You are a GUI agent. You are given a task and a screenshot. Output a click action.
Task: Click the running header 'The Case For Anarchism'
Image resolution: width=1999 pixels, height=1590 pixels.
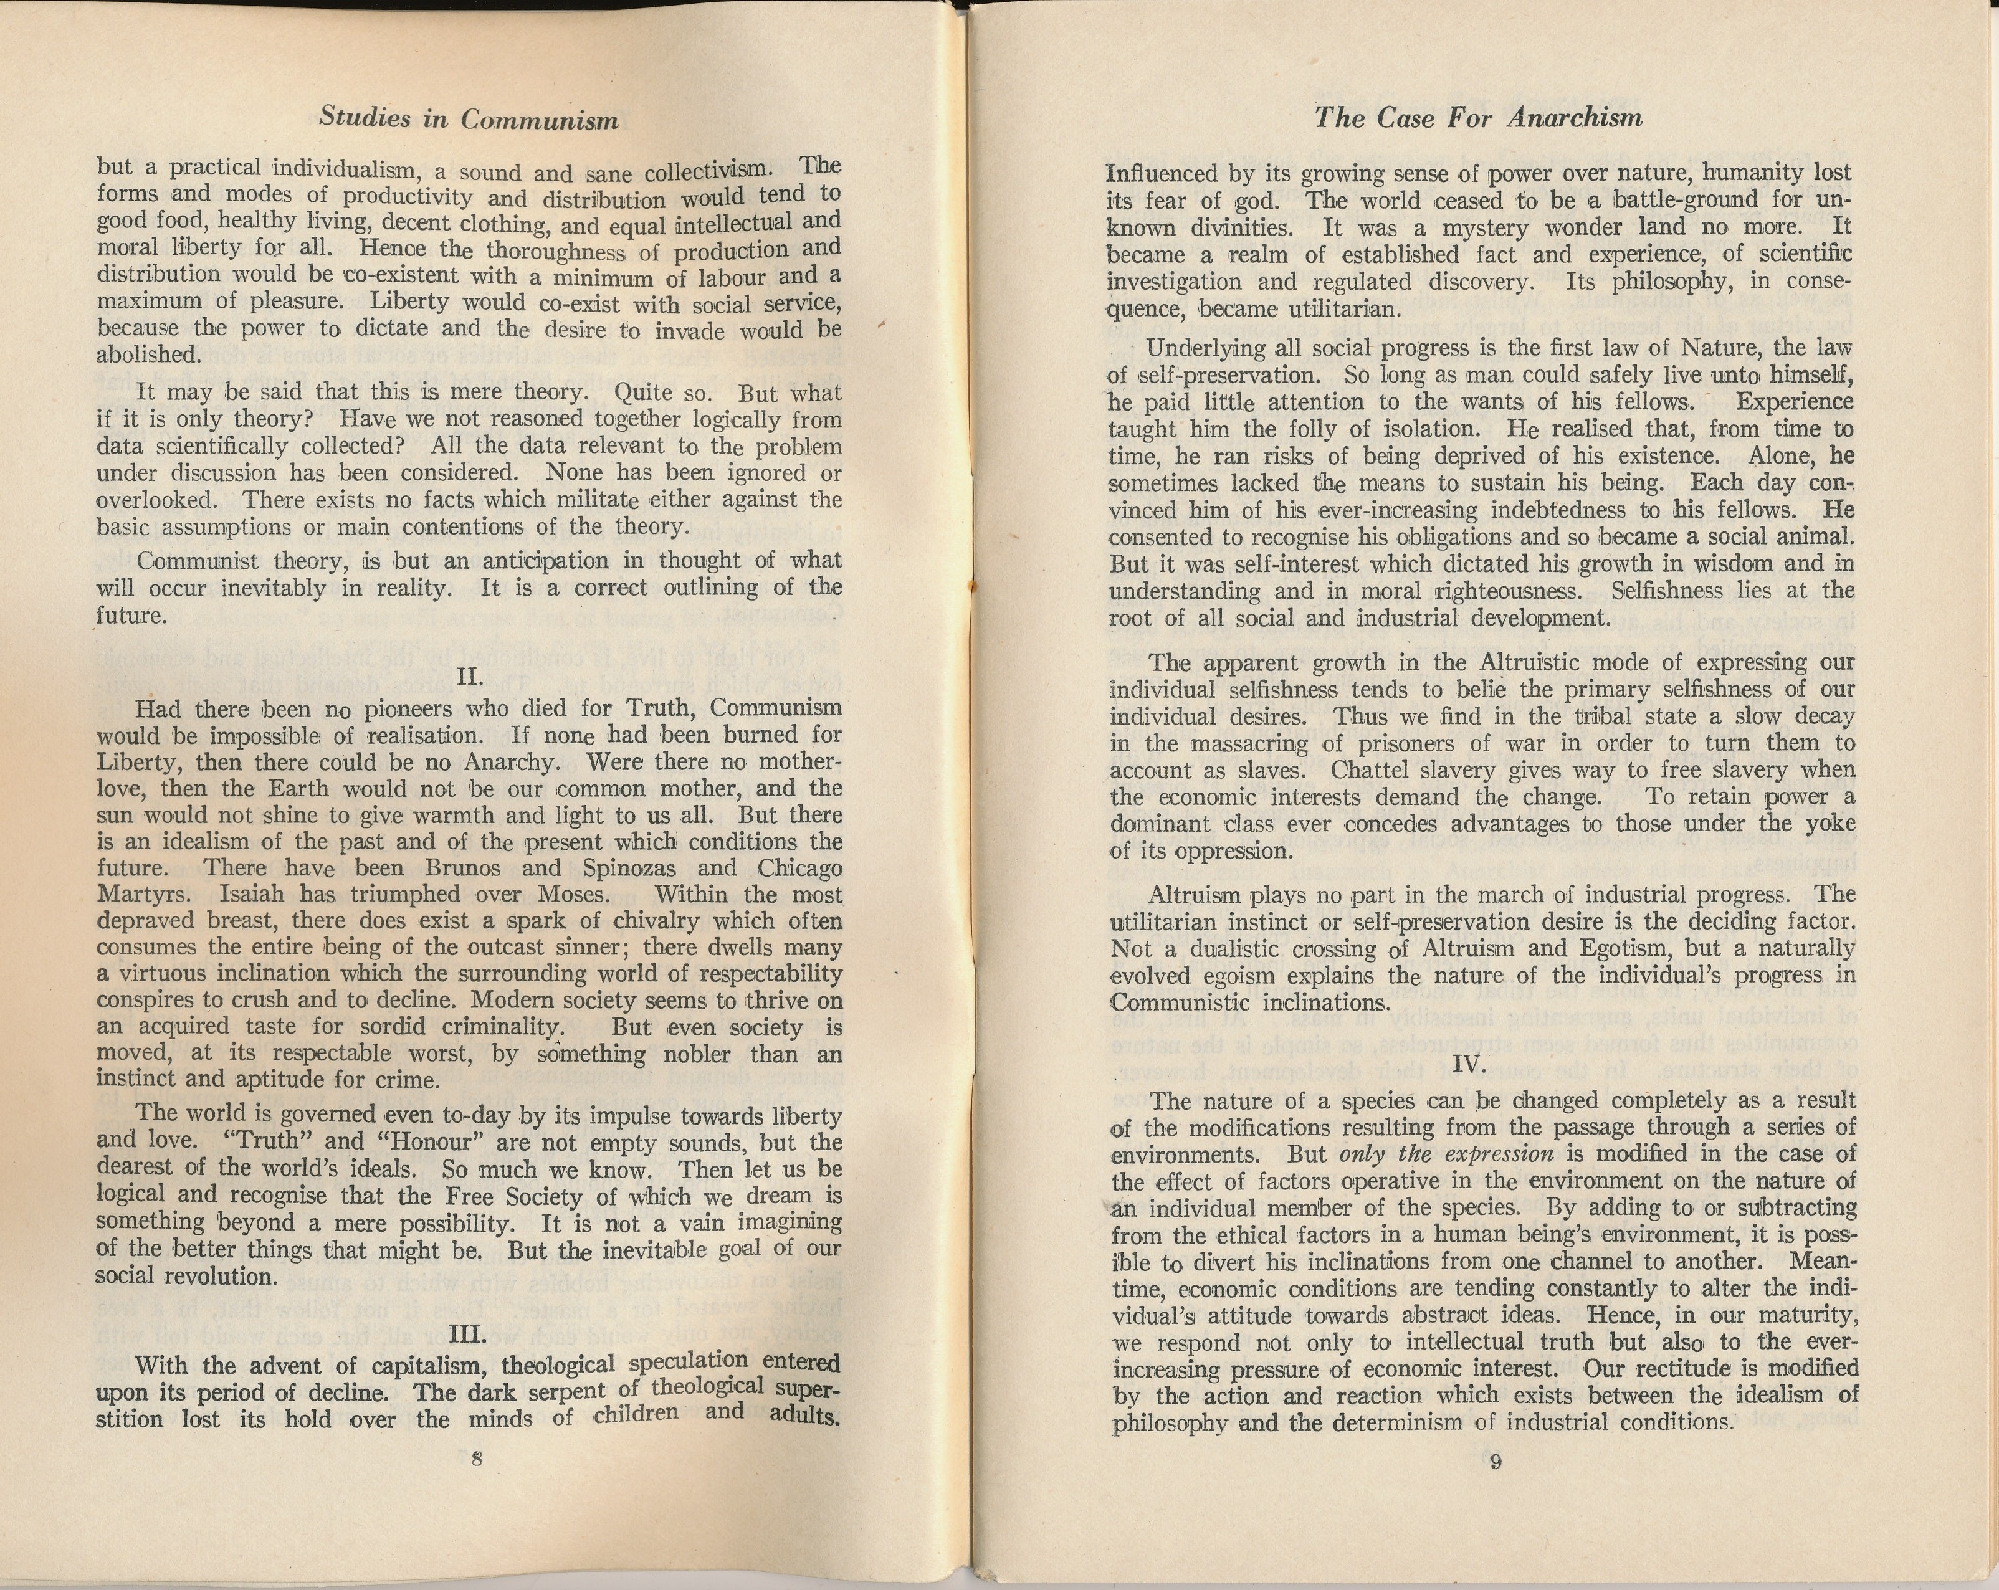[x=1478, y=118]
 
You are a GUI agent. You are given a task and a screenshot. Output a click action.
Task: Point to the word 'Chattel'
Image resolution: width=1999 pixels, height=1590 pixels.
[x=1366, y=771]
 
